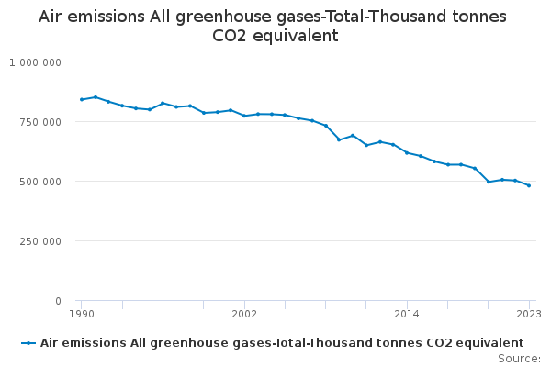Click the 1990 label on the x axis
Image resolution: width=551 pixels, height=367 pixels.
pos(82,314)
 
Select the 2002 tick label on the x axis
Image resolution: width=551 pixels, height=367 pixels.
pos(244,314)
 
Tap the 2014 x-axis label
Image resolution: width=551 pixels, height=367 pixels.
pos(407,314)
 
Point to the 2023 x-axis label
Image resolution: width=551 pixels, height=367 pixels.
pos(528,314)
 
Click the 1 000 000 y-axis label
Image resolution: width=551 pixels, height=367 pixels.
pos(36,62)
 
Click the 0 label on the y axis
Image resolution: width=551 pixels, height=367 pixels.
pos(58,301)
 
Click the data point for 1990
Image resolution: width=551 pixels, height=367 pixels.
pos(82,99)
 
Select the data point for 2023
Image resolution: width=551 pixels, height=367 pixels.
pos(529,185)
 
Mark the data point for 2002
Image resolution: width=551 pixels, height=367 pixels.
pos(244,116)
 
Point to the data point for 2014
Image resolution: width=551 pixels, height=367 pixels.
pos(407,152)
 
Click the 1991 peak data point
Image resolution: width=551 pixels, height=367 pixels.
pos(96,96)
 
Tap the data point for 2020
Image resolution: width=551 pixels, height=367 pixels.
pos(489,182)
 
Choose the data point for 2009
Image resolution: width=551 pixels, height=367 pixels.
pos(339,139)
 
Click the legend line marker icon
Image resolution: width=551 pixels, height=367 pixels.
pos(29,342)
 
